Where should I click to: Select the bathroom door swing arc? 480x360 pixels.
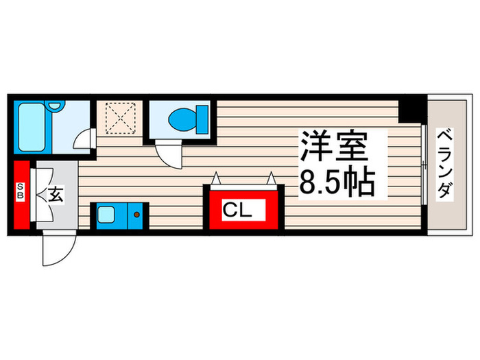[x=83, y=139]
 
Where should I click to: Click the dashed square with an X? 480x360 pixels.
[x=121, y=119]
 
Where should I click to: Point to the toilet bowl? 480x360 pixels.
[x=184, y=119]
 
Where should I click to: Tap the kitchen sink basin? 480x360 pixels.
[x=108, y=216]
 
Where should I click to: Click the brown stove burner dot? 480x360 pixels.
[x=136, y=216]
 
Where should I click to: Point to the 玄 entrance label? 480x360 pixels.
[x=56, y=195]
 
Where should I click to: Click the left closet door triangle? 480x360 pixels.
[x=217, y=180]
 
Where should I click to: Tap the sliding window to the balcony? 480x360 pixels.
[x=424, y=165]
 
